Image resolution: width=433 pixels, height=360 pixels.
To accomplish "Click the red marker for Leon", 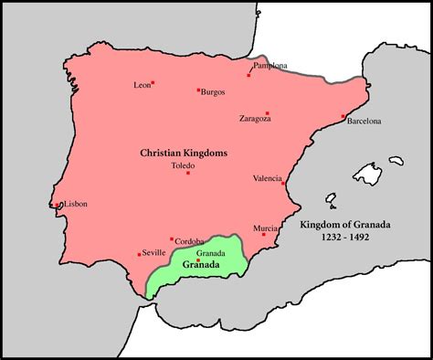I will pyautogui.click(x=153, y=83).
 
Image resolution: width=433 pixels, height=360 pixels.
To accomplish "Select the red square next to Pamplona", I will pyautogui.click(x=248, y=75).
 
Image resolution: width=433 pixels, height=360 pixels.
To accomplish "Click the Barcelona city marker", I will pyautogui.click(x=343, y=116).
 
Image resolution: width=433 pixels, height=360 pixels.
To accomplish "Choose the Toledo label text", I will pyautogui.click(x=183, y=165).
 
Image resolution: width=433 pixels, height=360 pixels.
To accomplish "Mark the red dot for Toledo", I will pyautogui.click(x=187, y=173).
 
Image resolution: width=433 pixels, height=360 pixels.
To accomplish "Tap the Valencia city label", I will pyautogui.click(x=269, y=179).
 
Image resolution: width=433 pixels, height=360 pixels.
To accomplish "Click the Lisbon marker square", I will pyautogui.click(x=57, y=205).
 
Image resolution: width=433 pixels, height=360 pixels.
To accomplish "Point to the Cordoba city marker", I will pyautogui.click(x=172, y=239).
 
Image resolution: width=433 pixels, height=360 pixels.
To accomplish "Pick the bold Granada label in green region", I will pyautogui.click(x=199, y=265).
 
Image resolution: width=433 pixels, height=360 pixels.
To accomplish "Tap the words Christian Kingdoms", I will pyautogui.click(x=183, y=152).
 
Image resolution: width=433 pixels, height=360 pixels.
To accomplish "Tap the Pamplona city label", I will pyautogui.click(x=270, y=67).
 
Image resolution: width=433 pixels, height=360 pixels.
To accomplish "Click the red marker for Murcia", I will pyautogui.click(x=263, y=235).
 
